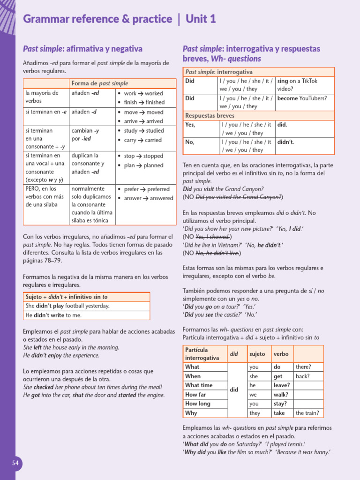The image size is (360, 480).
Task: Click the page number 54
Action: pyautogui.click(x=15, y=463)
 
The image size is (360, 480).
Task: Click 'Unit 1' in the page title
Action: pyautogui.click(x=201, y=19)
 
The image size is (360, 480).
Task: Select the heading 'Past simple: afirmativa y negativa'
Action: pyautogui.click(x=83, y=49)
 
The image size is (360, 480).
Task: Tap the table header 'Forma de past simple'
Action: pyautogui.click(x=99, y=83)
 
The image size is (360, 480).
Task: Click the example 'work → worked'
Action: pyautogui.click(x=143, y=93)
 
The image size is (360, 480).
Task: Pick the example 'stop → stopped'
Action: pyautogui.click(x=143, y=156)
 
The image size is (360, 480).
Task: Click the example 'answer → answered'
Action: pyautogui.click(x=148, y=198)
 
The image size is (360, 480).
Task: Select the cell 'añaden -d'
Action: pyautogui.click(x=84, y=112)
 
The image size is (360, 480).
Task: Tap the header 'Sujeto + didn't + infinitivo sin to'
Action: pyautogui.click(x=66, y=297)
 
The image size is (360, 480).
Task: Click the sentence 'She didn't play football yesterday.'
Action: pyautogui.click(x=67, y=306)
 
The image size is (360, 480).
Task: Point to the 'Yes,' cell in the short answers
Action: pyautogui.click(x=190, y=125)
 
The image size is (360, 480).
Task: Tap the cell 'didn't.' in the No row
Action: pyautogui.click(x=286, y=142)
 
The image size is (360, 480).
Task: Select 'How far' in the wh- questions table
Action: pyautogui.click(x=195, y=395)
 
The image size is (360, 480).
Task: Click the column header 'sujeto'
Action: pyautogui.click(x=257, y=354)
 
